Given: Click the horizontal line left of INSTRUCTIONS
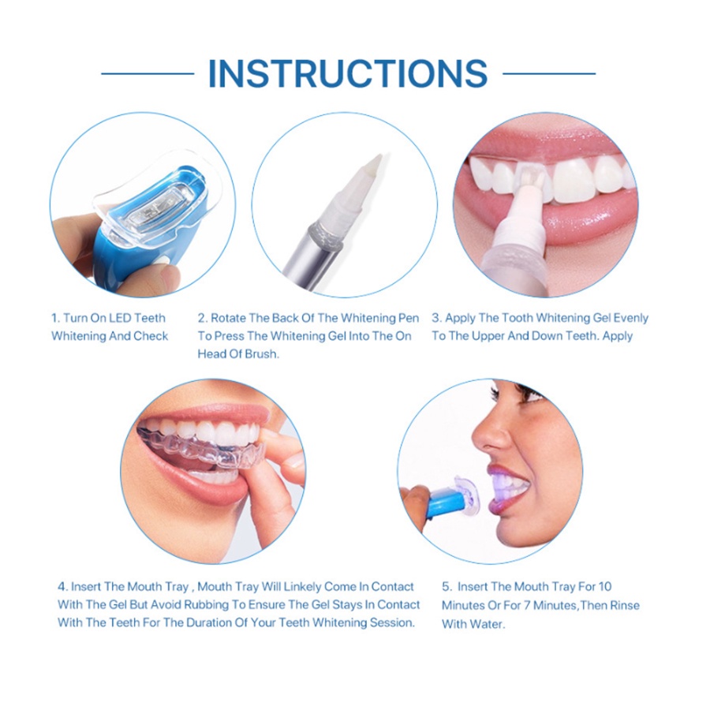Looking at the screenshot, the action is coord(148,73).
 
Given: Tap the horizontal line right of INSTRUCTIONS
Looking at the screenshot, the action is coord(549,73).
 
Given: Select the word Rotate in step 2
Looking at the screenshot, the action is coord(228,318).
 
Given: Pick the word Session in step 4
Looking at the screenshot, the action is coord(391,622).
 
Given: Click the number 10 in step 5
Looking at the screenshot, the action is coord(605,587).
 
